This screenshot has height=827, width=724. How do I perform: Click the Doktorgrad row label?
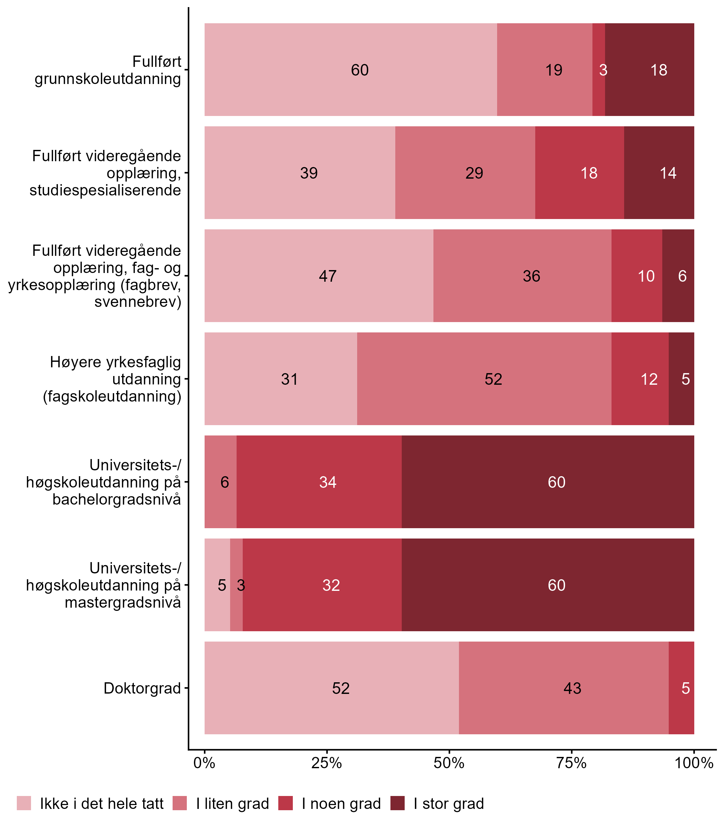142,688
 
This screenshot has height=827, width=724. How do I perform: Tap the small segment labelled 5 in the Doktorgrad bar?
682,688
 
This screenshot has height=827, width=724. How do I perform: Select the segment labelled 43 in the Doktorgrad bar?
564,688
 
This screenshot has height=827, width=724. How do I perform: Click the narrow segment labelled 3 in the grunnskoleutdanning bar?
598,70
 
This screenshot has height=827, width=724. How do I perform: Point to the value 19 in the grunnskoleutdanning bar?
553,70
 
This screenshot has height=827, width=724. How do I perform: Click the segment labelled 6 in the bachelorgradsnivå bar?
220,482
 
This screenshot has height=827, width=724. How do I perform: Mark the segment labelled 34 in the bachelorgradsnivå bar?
319,482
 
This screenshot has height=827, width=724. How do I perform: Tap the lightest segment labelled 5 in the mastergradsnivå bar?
217,585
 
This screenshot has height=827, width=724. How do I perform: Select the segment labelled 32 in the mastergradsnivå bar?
323,585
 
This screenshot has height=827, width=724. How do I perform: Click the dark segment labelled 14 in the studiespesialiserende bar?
659,173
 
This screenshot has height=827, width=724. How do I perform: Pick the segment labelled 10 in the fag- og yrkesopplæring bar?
637,276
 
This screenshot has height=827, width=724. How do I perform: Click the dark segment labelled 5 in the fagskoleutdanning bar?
682,379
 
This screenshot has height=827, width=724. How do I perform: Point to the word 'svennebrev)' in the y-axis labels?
138,302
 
